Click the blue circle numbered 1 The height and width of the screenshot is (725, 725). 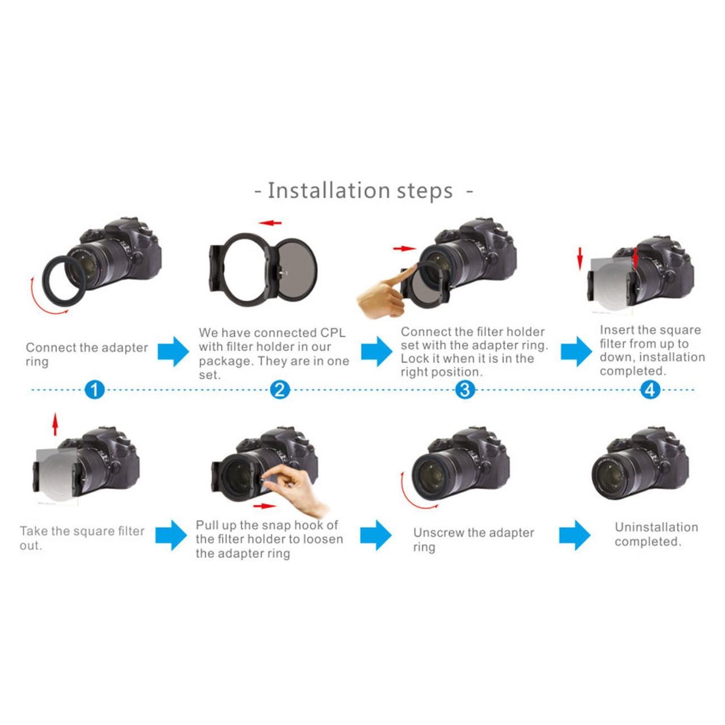coord(95,390)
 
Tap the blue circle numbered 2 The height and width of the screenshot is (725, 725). coord(280,390)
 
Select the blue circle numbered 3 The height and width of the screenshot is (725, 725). coord(465,390)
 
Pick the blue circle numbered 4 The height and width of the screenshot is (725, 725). coord(650,390)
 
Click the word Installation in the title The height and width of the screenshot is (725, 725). coord(329,191)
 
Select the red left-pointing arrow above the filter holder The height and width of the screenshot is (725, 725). coord(270,223)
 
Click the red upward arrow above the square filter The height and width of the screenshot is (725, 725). coord(55,424)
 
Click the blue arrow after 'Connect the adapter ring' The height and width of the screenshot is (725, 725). coord(173,351)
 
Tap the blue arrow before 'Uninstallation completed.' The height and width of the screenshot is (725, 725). coord(574,535)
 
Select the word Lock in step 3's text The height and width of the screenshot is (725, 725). coord(414,359)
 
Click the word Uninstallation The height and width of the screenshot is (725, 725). coord(656,527)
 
